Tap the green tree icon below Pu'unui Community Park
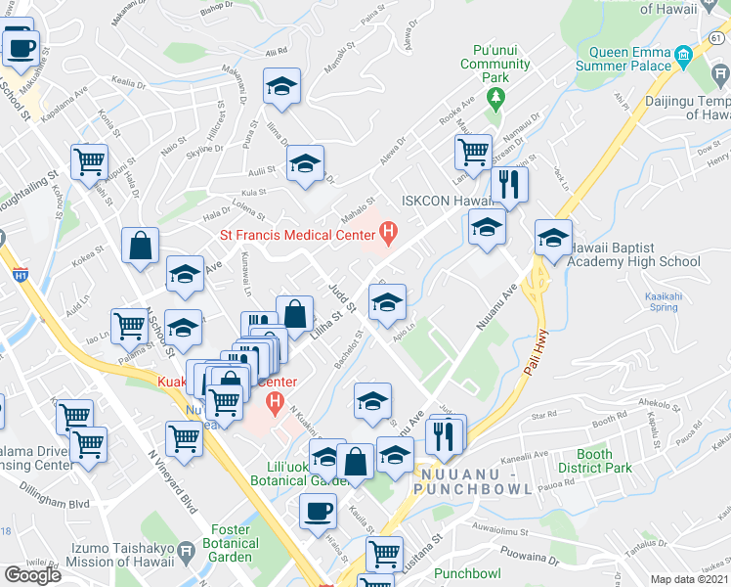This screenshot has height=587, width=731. [x=495, y=96]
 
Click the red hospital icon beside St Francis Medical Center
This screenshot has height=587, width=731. [x=389, y=233]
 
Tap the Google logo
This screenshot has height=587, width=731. [x=32, y=575]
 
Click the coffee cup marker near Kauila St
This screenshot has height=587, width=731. [x=317, y=510]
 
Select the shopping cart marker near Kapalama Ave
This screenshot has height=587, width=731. [x=89, y=161]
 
